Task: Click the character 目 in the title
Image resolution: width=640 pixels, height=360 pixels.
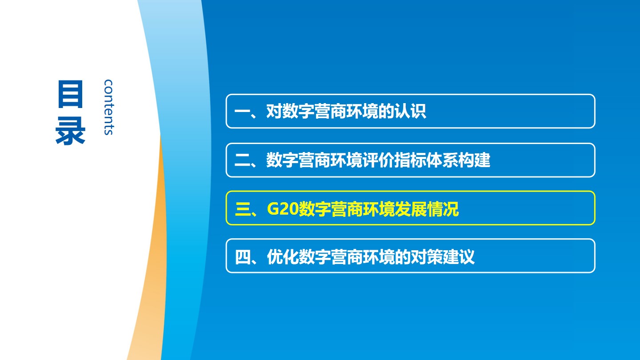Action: (70, 94)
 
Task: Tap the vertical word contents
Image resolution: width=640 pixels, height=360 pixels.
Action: (108, 107)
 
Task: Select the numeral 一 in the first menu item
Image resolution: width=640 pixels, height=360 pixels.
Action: (242, 112)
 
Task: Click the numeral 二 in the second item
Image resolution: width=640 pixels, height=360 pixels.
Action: (242, 160)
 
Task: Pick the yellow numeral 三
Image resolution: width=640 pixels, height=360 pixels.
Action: (243, 209)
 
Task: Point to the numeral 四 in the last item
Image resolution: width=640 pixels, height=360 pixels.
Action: (243, 257)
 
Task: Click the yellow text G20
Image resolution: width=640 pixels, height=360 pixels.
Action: (282, 209)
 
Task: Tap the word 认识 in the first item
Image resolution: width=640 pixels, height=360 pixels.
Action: (410, 111)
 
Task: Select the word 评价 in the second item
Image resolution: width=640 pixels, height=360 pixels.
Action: (378, 160)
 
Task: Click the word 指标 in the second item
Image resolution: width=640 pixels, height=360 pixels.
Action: (410, 160)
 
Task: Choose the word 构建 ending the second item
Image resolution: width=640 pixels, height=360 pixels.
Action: (474, 160)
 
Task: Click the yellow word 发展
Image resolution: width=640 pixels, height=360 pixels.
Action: (410, 209)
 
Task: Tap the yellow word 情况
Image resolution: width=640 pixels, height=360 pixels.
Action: (443, 209)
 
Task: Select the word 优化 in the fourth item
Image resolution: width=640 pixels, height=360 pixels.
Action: (283, 257)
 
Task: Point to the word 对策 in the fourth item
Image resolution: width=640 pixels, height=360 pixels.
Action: (426, 257)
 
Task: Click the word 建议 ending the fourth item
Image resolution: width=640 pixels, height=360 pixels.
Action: (459, 257)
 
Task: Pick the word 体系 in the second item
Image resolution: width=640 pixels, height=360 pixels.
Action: (442, 160)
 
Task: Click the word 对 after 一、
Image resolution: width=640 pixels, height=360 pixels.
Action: (274, 111)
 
